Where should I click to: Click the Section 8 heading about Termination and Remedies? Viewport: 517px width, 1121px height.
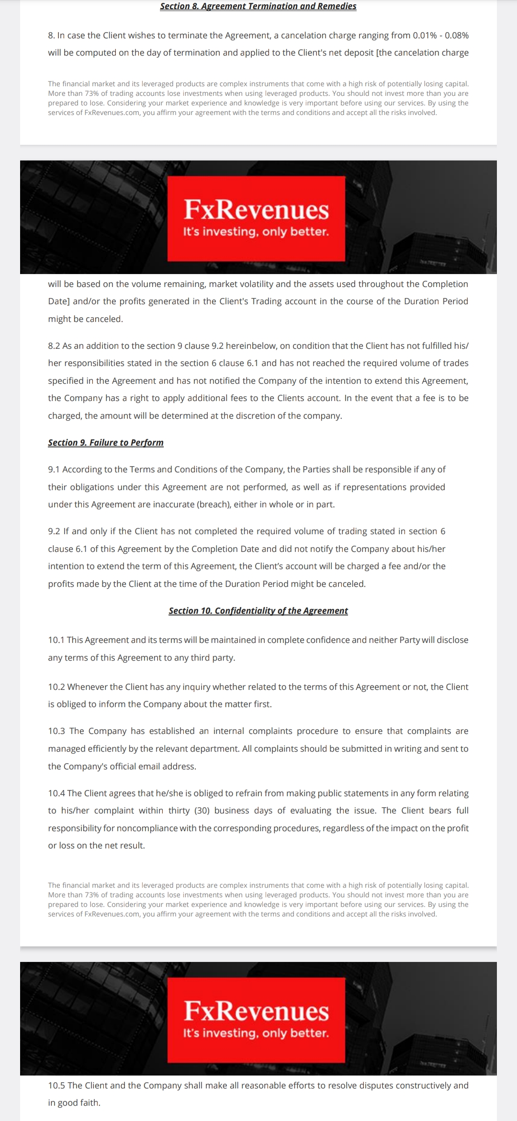tap(258, 6)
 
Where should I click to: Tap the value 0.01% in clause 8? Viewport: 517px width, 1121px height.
tap(425, 35)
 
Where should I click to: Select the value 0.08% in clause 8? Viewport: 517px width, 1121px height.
tap(456, 35)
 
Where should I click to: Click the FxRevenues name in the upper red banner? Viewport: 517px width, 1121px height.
tap(256, 209)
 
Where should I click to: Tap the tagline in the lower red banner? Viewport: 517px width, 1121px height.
tap(256, 1033)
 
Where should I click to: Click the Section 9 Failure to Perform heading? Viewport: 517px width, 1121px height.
tap(106, 443)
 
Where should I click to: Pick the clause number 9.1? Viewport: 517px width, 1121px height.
tap(54, 469)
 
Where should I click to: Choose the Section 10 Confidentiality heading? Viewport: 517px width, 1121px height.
tap(258, 611)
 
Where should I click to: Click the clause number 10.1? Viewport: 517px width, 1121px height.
tap(56, 640)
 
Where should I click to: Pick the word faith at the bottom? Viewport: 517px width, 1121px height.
tap(89, 1103)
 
